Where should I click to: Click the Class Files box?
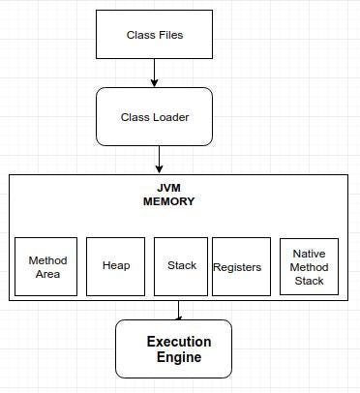coord(154,35)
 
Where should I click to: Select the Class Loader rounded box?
coord(154,117)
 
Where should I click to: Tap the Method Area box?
coord(45,266)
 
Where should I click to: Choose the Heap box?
coord(115,266)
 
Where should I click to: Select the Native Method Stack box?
coord(309,266)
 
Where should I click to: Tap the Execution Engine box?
coord(174,348)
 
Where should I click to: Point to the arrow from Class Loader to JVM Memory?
coord(160,159)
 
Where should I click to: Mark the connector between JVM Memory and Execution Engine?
coord(178,310)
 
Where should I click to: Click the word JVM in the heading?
coord(168,189)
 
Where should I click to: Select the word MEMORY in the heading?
coord(168,202)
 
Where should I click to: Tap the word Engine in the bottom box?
coord(179,357)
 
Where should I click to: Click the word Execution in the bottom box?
coord(179,342)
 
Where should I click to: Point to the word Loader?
coord(169,118)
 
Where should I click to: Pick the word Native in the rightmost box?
coord(309,254)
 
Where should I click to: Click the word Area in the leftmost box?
coord(47,274)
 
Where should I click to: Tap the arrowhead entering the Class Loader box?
coord(154,82)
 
